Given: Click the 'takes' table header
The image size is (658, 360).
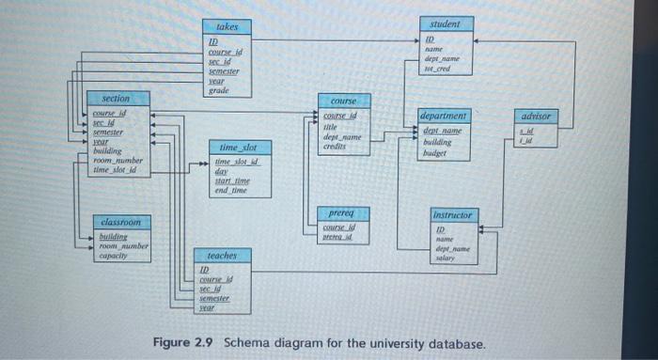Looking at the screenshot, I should click(227, 27).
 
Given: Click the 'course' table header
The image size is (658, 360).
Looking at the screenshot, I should click(342, 100).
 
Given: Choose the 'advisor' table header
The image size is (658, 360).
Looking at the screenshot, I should click(539, 116).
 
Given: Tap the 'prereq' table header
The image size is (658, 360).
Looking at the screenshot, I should click(342, 212).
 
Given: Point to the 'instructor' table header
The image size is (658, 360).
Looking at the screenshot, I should click(454, 214).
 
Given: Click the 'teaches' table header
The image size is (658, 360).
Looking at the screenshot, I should click(222, 256).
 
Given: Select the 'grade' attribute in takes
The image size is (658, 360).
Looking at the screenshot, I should click(218, 90).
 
